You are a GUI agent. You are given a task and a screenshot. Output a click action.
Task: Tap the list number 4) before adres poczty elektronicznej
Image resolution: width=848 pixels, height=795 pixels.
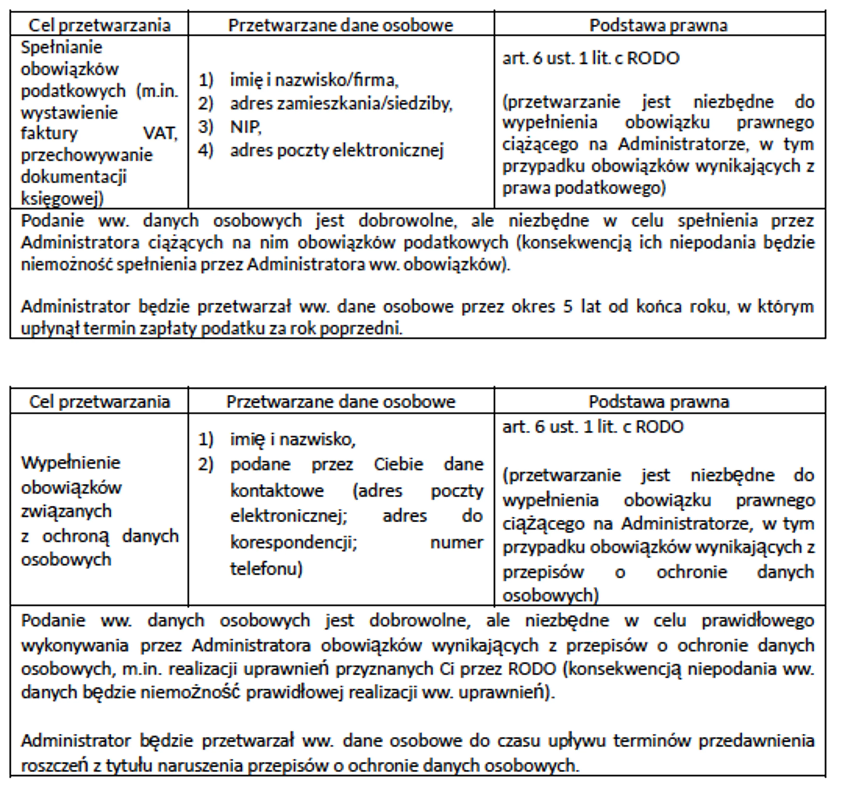(206, 150)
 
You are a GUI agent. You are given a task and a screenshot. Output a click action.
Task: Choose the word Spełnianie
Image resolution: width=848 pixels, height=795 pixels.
(61, 47)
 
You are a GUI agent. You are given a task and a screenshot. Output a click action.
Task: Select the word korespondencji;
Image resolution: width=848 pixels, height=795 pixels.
(293, 543)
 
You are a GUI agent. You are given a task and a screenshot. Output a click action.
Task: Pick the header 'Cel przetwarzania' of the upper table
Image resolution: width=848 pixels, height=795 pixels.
(99, 25)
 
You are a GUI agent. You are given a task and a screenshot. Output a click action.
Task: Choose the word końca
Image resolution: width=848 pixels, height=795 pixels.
(659, 307)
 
